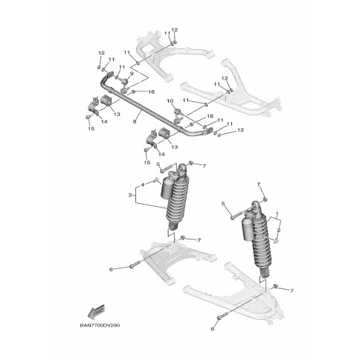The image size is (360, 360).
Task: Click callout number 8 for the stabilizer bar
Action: [x=135, y=122]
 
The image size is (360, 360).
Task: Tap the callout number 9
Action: [x=132, y=74]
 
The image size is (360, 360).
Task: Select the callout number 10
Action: [x=170, y=101]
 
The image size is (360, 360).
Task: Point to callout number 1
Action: [x=277, y=213]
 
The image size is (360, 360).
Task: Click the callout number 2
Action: [x=278, y=231]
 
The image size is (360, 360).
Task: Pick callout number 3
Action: [x=130, y=195]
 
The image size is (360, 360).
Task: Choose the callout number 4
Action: [x=142, y=184]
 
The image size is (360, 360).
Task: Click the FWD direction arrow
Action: [x=97, y=311]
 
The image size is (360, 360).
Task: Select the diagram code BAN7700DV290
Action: [x=100, y=325]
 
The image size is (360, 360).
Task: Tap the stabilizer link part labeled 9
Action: [x=124, y=85]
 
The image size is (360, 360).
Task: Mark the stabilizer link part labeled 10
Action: [x=178, y=115]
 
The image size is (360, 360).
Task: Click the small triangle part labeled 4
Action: [x=156, y=180]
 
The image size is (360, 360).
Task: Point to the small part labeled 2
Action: [x=275, y=240]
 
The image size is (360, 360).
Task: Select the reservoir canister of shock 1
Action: [x=248, y=230]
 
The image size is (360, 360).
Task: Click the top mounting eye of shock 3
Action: [x=183, y=167]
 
